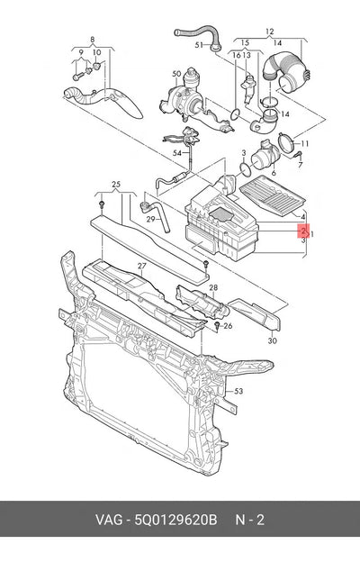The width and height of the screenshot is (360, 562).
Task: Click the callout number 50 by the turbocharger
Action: (x=176, y=74)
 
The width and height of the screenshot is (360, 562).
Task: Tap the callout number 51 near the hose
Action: (x=199, y=45)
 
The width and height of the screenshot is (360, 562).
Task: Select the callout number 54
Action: (x=177, y=153)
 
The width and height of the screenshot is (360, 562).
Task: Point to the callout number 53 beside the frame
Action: (x=238, y=391)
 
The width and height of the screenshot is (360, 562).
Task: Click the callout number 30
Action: (x=272, y=340)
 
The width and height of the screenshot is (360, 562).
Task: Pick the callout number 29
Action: (x=150, y=219)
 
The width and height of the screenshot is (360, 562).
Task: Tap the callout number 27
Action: (x=142, y=266)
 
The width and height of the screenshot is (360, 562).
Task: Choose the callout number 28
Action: (x=213, y=287)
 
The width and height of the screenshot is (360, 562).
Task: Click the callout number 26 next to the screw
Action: (x=228, y=326)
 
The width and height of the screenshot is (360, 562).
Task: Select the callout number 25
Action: (x=116, y=185)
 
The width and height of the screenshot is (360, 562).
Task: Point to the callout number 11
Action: (x=304, y=144)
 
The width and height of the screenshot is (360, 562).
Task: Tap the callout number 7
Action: (x=301, y=165)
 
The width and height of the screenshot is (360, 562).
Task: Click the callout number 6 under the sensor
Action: (x=274, y=173)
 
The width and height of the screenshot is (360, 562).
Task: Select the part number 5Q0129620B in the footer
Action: (x=175, y=520)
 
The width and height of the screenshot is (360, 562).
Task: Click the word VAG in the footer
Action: (x=109, y=520)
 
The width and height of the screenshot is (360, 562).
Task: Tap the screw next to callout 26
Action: (x=218, y=325)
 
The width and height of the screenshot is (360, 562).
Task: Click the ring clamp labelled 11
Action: (x=285, y=143)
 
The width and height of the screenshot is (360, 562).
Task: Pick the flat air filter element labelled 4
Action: (x=272, y=195)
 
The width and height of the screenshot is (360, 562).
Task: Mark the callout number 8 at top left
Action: (x=93, y=40)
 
